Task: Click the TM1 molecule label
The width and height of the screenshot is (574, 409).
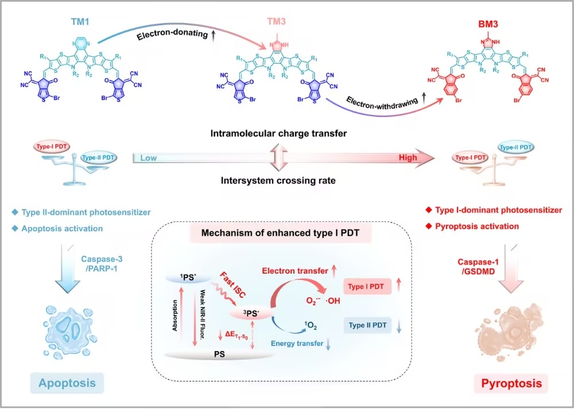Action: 80,22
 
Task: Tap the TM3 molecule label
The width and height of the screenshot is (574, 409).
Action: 277,22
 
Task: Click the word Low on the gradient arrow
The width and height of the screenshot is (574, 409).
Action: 148,158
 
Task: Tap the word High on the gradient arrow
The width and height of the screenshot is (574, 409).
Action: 408,157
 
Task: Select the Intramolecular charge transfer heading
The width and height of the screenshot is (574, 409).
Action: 278,134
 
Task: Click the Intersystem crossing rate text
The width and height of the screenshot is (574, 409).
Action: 278,180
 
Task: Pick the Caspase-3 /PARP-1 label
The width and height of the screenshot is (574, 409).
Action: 102,263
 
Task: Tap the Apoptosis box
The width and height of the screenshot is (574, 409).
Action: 67,383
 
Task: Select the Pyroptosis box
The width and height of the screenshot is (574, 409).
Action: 511,383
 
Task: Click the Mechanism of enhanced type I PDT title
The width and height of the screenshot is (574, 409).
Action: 281,233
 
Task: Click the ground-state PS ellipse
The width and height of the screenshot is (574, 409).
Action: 219,354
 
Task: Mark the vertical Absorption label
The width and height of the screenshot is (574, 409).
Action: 175,315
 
